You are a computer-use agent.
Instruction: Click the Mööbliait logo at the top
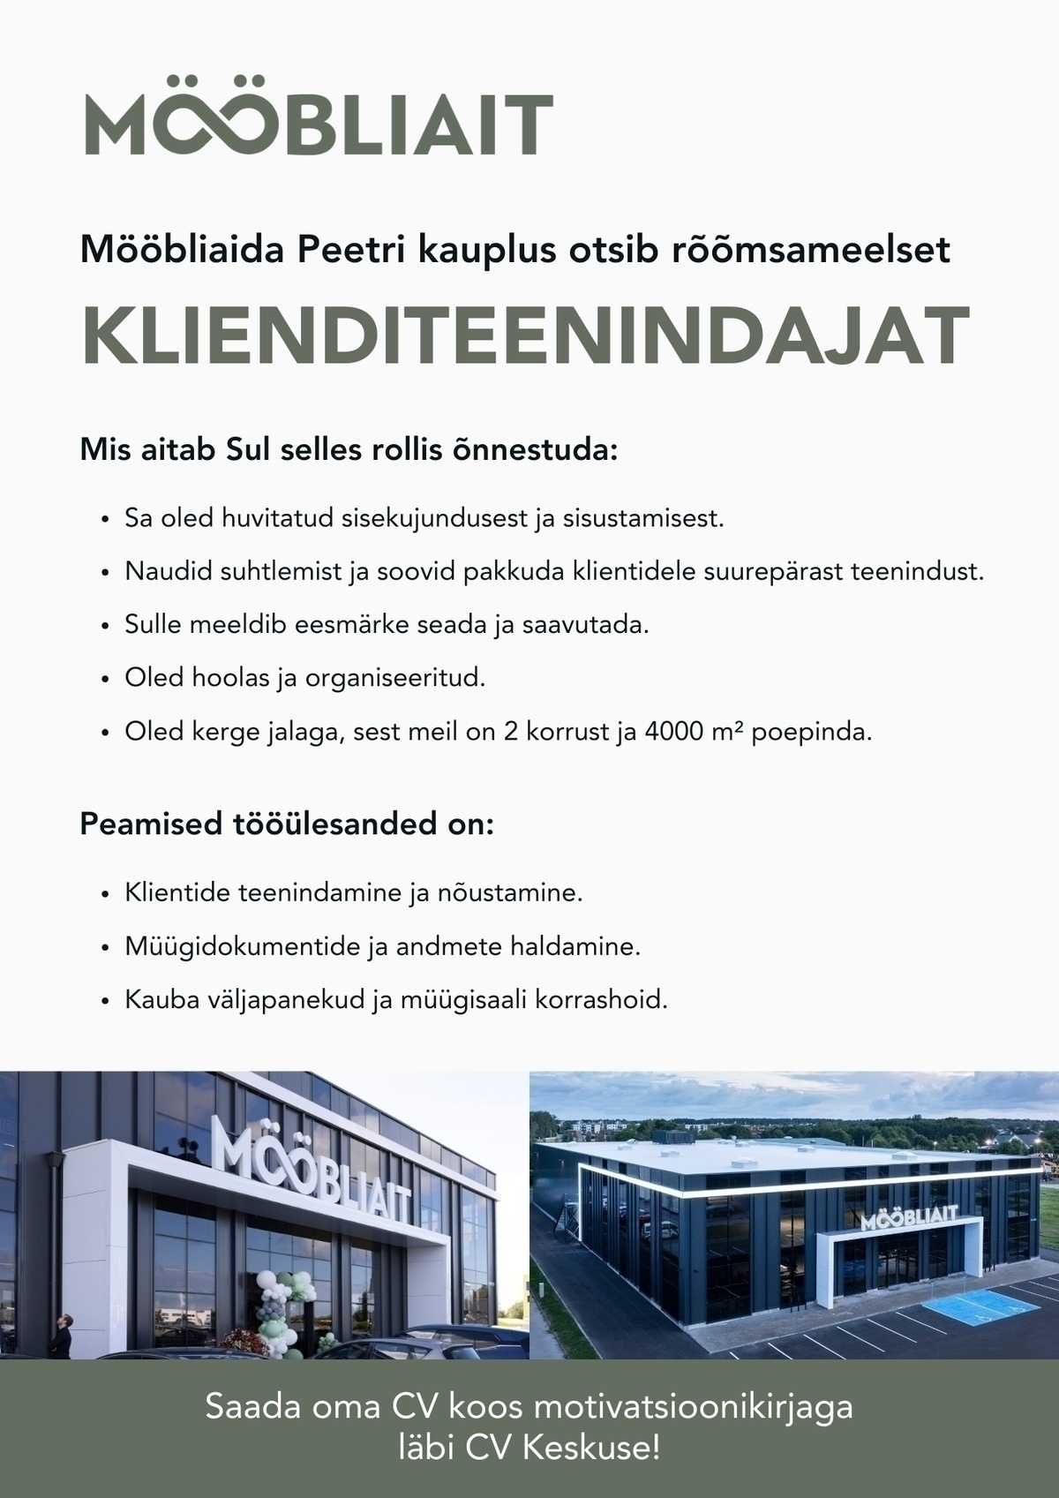tap(318, 124)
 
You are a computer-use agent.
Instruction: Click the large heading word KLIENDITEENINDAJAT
tap(526, 337)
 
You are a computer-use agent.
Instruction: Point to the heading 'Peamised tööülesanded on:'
tap(287, 824)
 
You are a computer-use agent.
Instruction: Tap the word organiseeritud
tap(396, 679)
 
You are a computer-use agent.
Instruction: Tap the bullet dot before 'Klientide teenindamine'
tap(106, 895)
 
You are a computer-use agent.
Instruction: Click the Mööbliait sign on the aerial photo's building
tap(908, 1217)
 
